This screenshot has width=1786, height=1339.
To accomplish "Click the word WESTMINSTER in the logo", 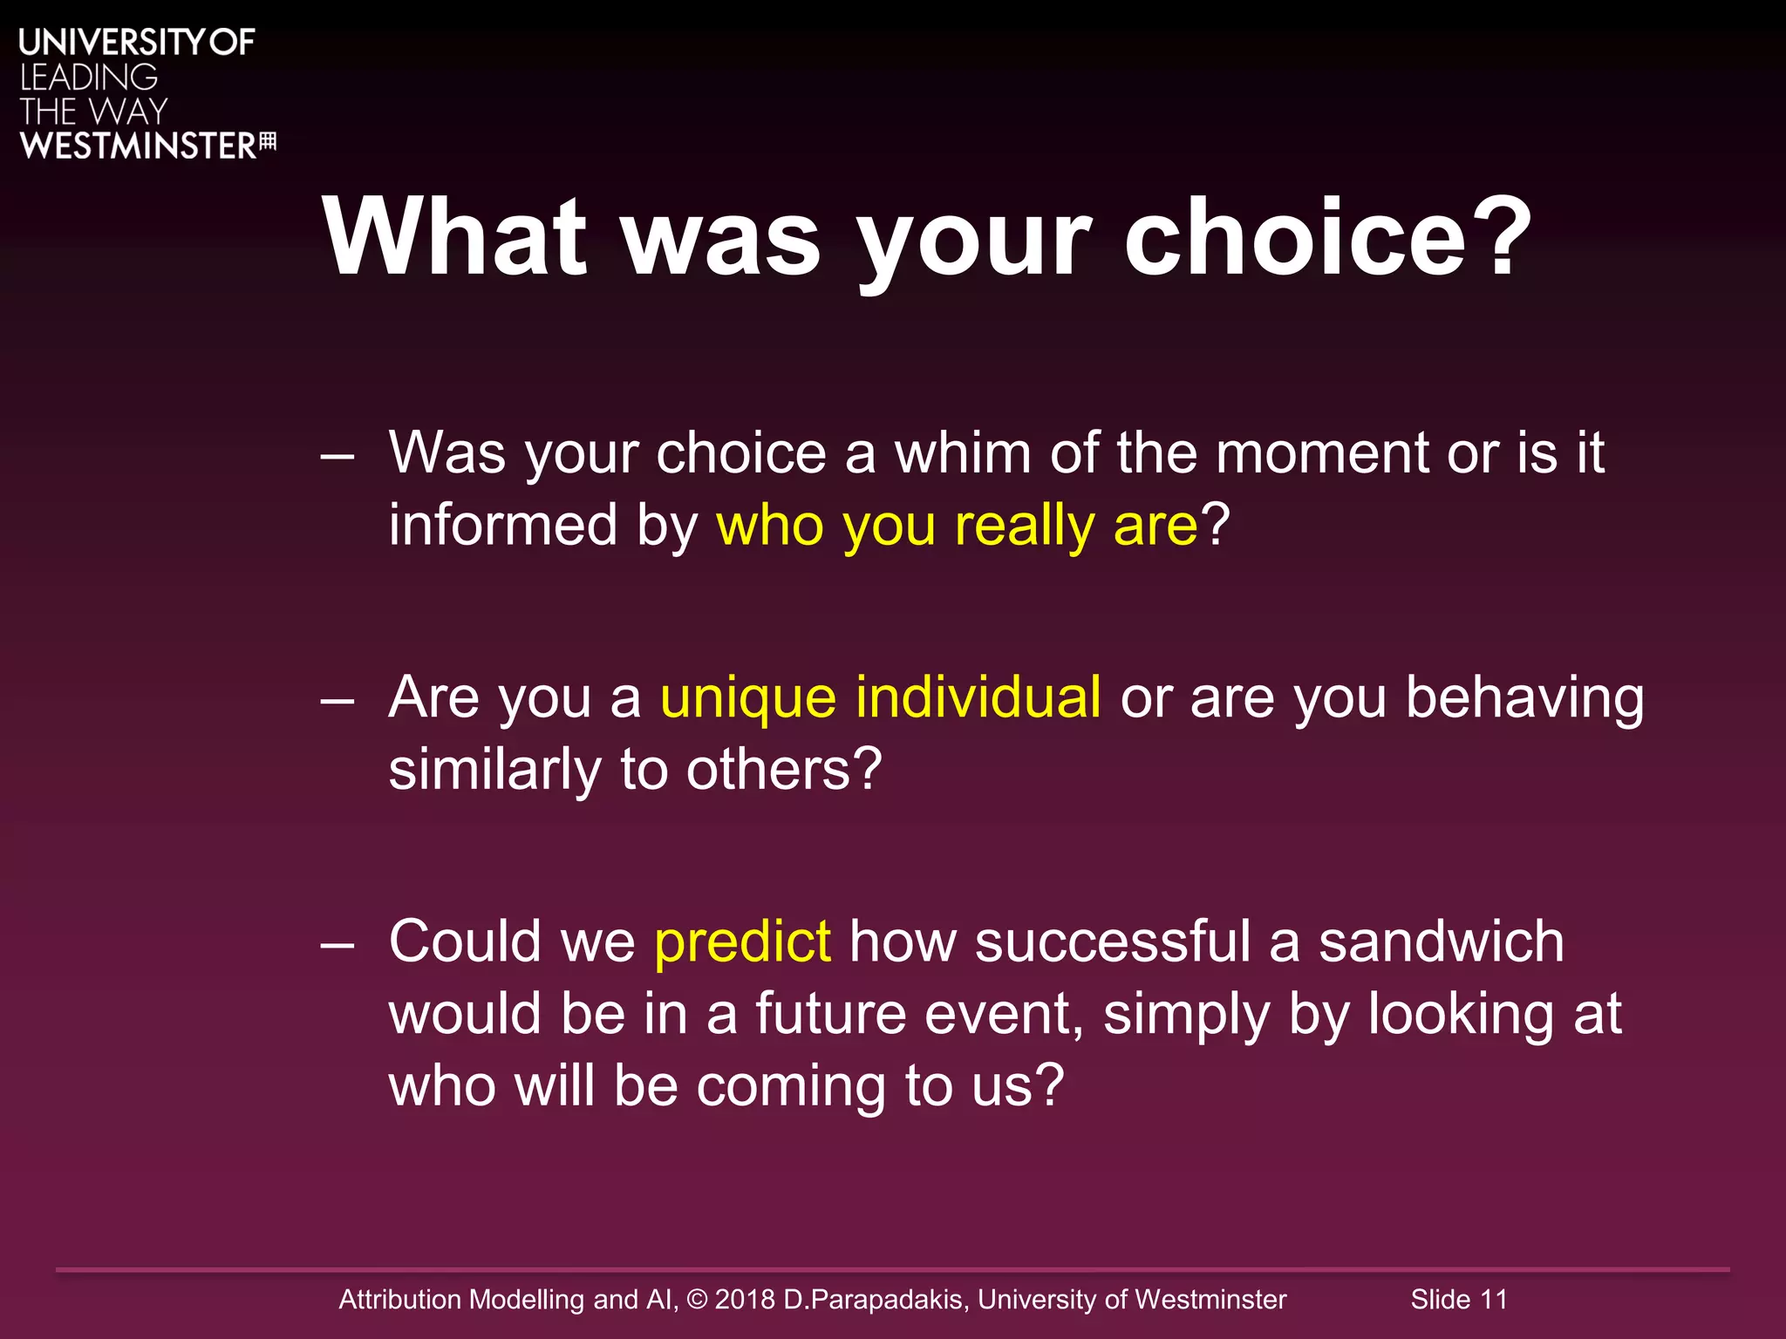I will coord(138,146).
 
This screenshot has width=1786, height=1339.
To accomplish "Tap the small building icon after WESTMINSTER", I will coord(269,142).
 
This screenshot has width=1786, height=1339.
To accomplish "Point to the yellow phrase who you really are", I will coord(957,526).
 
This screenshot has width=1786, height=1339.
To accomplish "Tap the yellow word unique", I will coord(748,698).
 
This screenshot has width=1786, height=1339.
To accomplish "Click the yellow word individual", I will coord(978,698).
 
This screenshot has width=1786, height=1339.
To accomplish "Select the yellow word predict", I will coord(742,942).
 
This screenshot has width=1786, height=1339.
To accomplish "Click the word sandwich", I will coord(1441,942).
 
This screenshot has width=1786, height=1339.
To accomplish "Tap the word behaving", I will coord(1524,698).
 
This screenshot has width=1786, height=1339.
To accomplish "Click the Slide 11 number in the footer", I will coord(1459,1299).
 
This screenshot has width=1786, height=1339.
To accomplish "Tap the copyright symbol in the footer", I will coord(697,1299).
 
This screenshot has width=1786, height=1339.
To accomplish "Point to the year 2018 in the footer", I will coord(745,1299).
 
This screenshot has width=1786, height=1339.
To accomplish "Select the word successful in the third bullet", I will coord(1113,942).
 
